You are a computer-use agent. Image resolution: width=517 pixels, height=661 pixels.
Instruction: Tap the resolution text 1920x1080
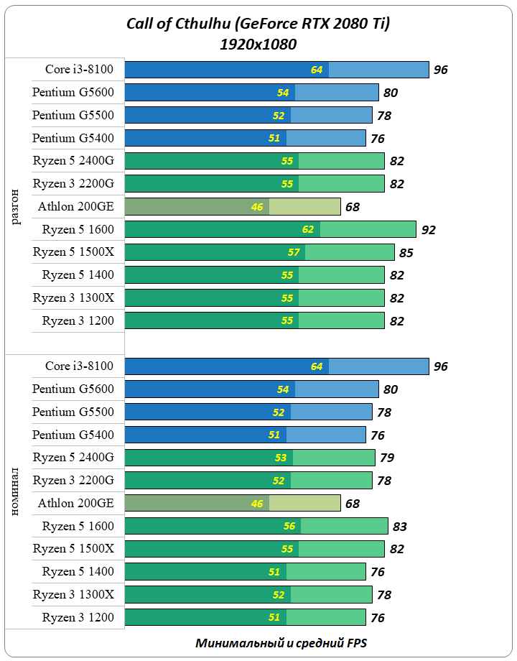[x=258, y=45]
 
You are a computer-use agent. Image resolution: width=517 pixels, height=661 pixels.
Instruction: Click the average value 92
[x=429, y=230]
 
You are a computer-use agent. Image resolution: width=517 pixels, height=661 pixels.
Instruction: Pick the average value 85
[x=406, y=253]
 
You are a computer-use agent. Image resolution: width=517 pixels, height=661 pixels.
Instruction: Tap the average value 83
[x=400, y=527]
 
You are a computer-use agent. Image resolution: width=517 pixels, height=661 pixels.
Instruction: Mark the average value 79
[x=387, y=458]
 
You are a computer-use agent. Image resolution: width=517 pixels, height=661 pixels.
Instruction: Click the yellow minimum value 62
[x=308, y=230]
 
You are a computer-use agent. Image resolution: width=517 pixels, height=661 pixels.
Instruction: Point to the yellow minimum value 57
[x=293, y=253]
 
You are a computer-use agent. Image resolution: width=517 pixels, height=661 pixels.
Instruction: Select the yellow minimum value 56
[x=289, y=527]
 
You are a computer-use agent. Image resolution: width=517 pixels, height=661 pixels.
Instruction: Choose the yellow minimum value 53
[x=281, y=458]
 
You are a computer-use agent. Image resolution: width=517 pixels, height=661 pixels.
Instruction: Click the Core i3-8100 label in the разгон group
[x=79, y=70]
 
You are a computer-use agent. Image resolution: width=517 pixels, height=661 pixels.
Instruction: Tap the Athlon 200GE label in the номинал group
[x=76, y=503]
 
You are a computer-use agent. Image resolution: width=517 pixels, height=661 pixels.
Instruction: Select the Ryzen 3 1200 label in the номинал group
[x=78, y=617]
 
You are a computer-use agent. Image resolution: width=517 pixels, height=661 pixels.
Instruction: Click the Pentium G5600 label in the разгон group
[x=73, y=92]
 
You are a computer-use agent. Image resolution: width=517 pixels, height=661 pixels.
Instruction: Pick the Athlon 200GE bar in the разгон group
[x=232, y=207]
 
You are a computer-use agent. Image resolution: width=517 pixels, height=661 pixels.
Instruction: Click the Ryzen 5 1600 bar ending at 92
[x=270, y=230]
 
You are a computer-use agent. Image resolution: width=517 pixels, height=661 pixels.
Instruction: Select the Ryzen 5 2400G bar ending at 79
[x=250, y=458]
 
